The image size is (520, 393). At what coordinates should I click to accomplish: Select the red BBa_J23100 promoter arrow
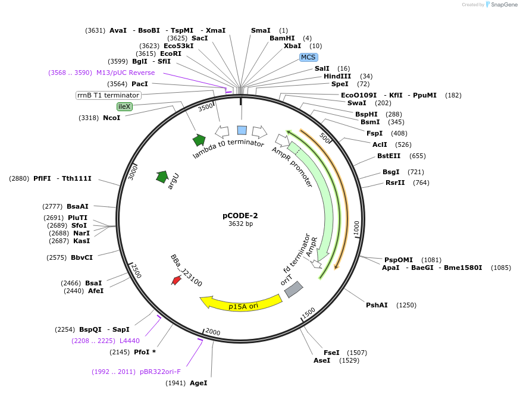click(176, 280)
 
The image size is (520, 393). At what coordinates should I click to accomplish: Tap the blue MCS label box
click(308, 57)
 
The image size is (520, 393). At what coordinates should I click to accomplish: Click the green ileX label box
click(124, 106)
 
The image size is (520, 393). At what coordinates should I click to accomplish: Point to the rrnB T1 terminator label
click(108, 95)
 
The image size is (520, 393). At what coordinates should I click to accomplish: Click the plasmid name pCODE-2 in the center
click(240, 215)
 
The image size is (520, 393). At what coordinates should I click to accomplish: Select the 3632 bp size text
click(240, 224)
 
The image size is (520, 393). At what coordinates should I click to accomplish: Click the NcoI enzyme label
click(111, 118)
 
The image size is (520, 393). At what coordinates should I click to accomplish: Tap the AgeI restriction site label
click(198, 383)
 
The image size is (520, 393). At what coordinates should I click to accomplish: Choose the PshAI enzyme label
click(377, 305)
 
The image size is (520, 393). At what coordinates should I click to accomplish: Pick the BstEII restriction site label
click(389, 156)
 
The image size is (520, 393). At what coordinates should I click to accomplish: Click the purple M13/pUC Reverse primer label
click(126, 73)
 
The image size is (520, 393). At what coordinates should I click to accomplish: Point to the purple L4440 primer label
click(130, 341)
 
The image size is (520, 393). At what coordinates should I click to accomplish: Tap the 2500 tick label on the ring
click(136, 271)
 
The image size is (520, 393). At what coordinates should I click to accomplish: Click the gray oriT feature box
click(293, 289)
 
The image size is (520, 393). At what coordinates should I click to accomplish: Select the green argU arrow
click(162, 177)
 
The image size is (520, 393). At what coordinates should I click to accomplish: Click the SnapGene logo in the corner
click(502, 5)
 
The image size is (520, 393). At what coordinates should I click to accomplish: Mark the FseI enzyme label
click(331, 352)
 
